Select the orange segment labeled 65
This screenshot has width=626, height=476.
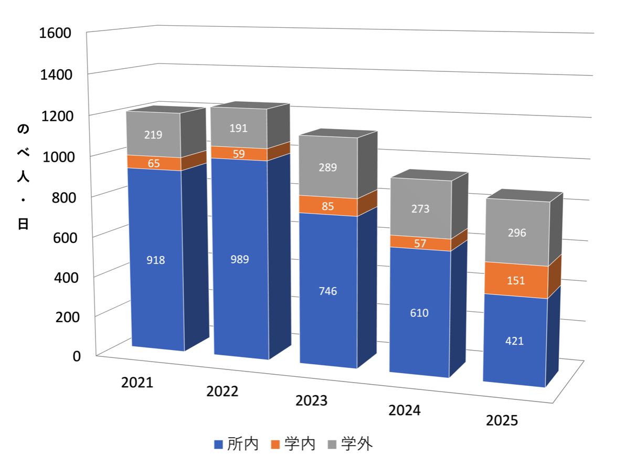(154, 163)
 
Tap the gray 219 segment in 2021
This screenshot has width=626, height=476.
(154, 134)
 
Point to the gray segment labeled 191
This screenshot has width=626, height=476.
(238, 128)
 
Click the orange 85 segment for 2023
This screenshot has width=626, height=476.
(328, 206)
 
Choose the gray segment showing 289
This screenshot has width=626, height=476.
(328, 167)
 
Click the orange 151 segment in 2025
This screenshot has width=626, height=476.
(516, 280)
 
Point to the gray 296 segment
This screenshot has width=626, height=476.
(516, 232)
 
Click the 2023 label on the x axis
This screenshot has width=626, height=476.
(311, 401)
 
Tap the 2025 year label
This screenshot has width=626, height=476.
(502, 420)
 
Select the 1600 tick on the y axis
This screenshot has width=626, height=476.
(55, 33)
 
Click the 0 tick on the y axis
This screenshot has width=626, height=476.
(77, 356)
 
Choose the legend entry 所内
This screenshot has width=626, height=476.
(236, 445)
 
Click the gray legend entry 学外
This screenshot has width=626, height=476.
(350, 445)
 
